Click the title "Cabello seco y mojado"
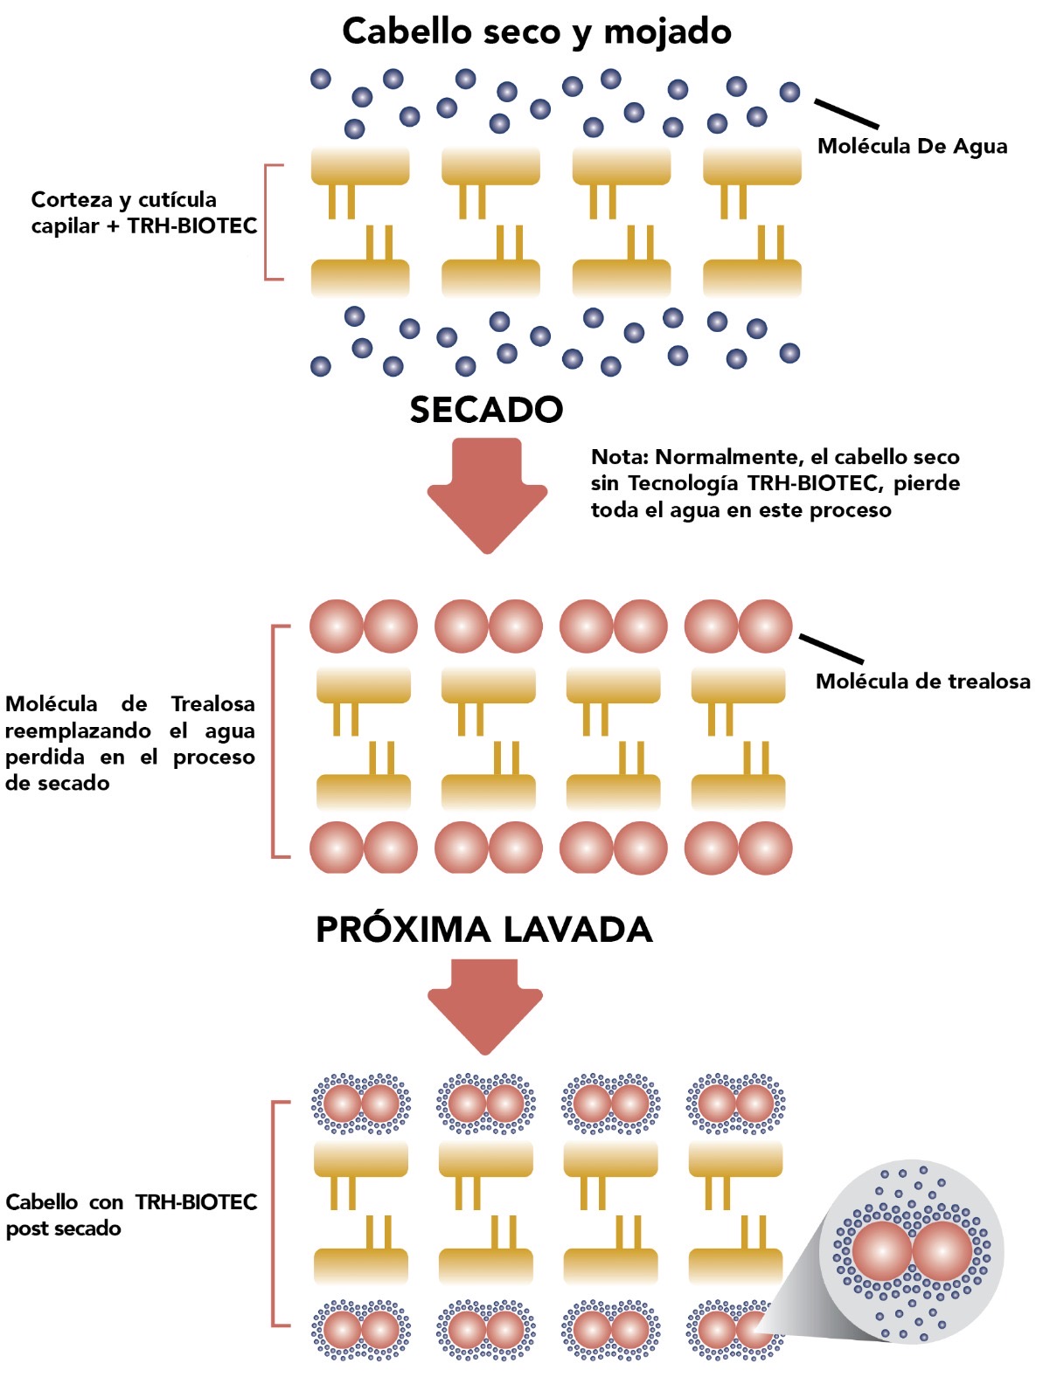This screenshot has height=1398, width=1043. [x=536, y=32]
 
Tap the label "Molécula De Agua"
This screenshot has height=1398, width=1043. [x=912, y=146]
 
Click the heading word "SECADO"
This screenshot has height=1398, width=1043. [x=486, y=410]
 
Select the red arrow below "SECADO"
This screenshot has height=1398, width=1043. [x=487, y=494]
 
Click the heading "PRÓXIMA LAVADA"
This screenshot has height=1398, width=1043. [x=483, y=930]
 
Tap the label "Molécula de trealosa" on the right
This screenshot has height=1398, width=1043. [x=922, y=682]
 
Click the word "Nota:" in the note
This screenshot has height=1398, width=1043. [x=620, y=457]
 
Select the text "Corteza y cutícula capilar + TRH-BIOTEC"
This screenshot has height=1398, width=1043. [x=144, y=212]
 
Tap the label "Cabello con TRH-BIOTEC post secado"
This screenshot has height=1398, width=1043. [x=131, y=1215]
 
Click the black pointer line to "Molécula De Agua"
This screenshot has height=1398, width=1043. [x=846, y=114]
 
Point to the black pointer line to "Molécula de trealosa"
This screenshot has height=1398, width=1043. [x=831, y=648]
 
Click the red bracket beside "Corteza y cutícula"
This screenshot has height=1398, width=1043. [x=268, y=222]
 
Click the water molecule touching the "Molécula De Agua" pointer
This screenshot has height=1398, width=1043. [x=789, y=92]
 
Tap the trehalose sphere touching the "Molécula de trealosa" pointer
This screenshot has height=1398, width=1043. [x=765, y=626]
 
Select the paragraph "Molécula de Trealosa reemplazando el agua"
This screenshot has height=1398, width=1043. [x=129, y=743]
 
